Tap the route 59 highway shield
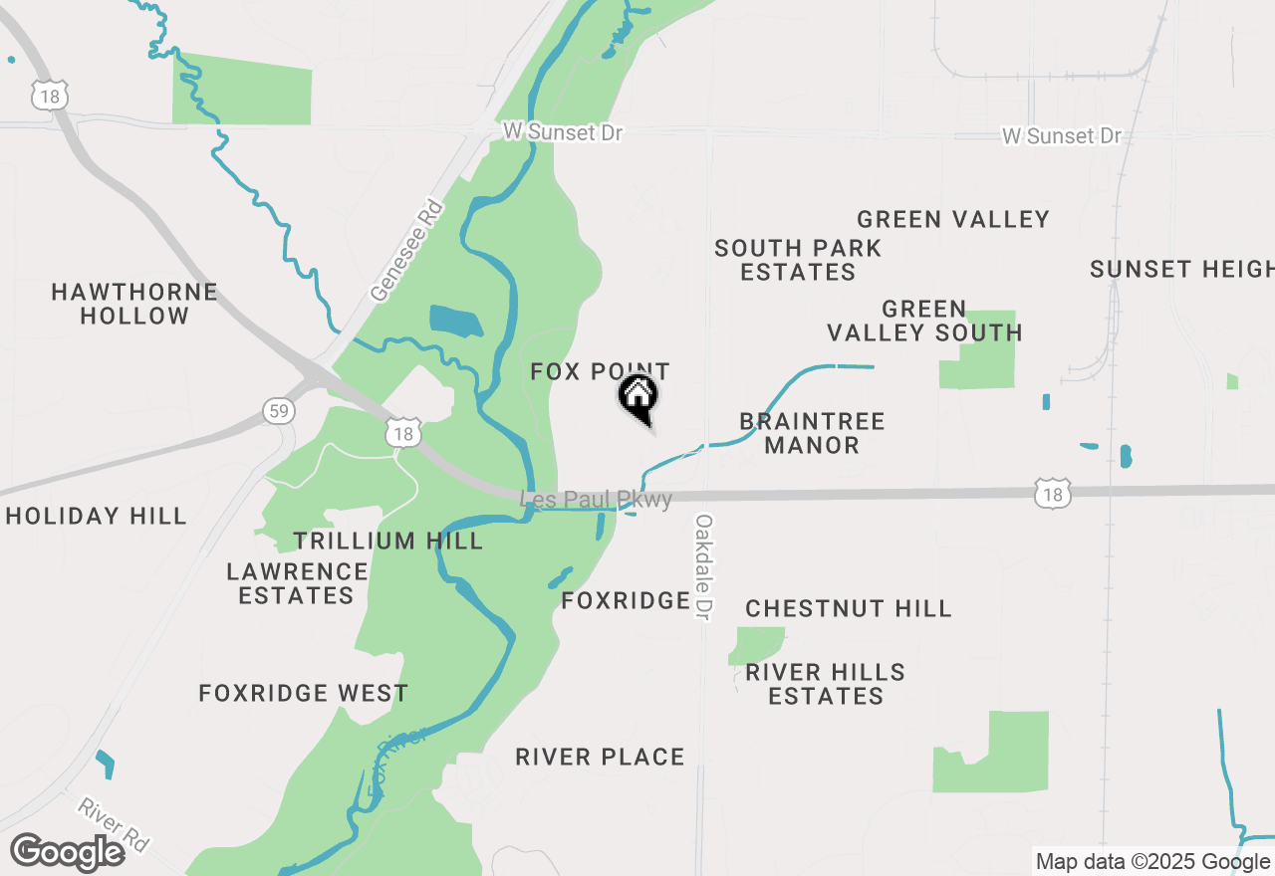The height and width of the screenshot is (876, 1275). point(279,410)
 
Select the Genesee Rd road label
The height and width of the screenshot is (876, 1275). point(405,250)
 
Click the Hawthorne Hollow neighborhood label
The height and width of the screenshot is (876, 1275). point(134,304)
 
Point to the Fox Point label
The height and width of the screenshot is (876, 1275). point(600,372)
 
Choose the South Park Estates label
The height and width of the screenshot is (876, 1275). point(798,260)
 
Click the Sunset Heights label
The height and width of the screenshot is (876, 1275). point(1181,269)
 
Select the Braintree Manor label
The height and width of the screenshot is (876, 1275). point(812,433)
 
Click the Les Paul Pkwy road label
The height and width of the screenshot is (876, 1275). point(597,499)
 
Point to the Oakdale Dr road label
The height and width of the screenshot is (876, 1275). point(704,567)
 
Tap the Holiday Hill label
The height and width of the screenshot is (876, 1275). point(96,516)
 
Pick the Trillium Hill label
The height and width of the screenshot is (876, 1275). point(388,541)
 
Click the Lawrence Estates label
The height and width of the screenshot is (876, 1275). point(297,583)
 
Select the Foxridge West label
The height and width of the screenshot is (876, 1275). point(304,693)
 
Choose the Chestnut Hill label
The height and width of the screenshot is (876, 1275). point(849,608)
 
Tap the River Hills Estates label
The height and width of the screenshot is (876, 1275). point(826,684)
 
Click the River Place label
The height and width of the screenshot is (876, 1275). point(600,757)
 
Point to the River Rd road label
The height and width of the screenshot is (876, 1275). point(113,825)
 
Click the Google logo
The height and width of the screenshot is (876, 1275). point(68,852)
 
